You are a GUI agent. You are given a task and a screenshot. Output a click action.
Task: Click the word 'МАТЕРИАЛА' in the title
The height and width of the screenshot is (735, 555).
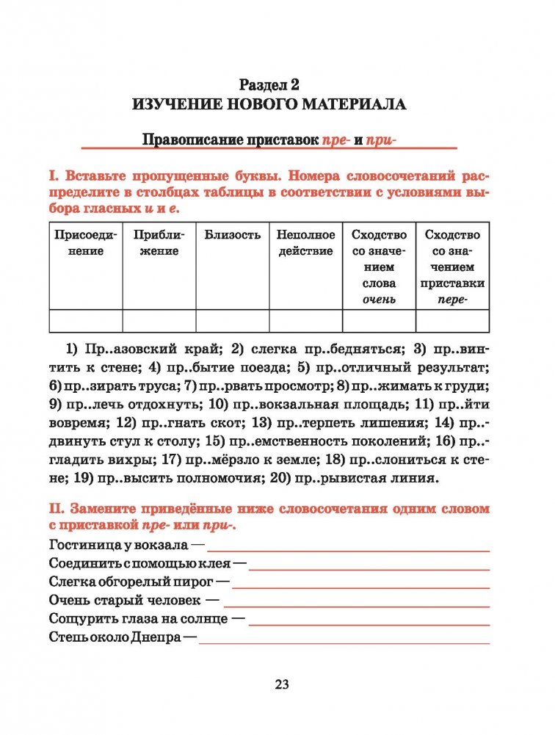355,104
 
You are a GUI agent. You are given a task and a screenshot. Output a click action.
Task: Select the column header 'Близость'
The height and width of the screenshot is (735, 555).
233,235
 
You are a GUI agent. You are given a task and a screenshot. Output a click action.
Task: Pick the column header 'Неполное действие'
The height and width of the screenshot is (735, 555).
305,243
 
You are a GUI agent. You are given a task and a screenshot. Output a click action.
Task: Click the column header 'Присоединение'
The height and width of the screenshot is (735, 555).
85,243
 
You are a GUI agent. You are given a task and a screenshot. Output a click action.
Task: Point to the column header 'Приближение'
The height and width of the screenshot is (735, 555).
159,243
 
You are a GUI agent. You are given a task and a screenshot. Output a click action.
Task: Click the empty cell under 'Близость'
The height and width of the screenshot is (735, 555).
233,322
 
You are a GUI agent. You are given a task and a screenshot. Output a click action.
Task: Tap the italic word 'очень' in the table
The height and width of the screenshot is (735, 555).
379,300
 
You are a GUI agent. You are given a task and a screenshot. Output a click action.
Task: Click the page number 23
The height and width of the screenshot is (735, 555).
282,684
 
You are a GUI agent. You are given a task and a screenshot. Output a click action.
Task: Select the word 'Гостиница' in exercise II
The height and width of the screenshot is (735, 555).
80,545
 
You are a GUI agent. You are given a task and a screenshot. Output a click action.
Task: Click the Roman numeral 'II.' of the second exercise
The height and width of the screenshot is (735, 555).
56,508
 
